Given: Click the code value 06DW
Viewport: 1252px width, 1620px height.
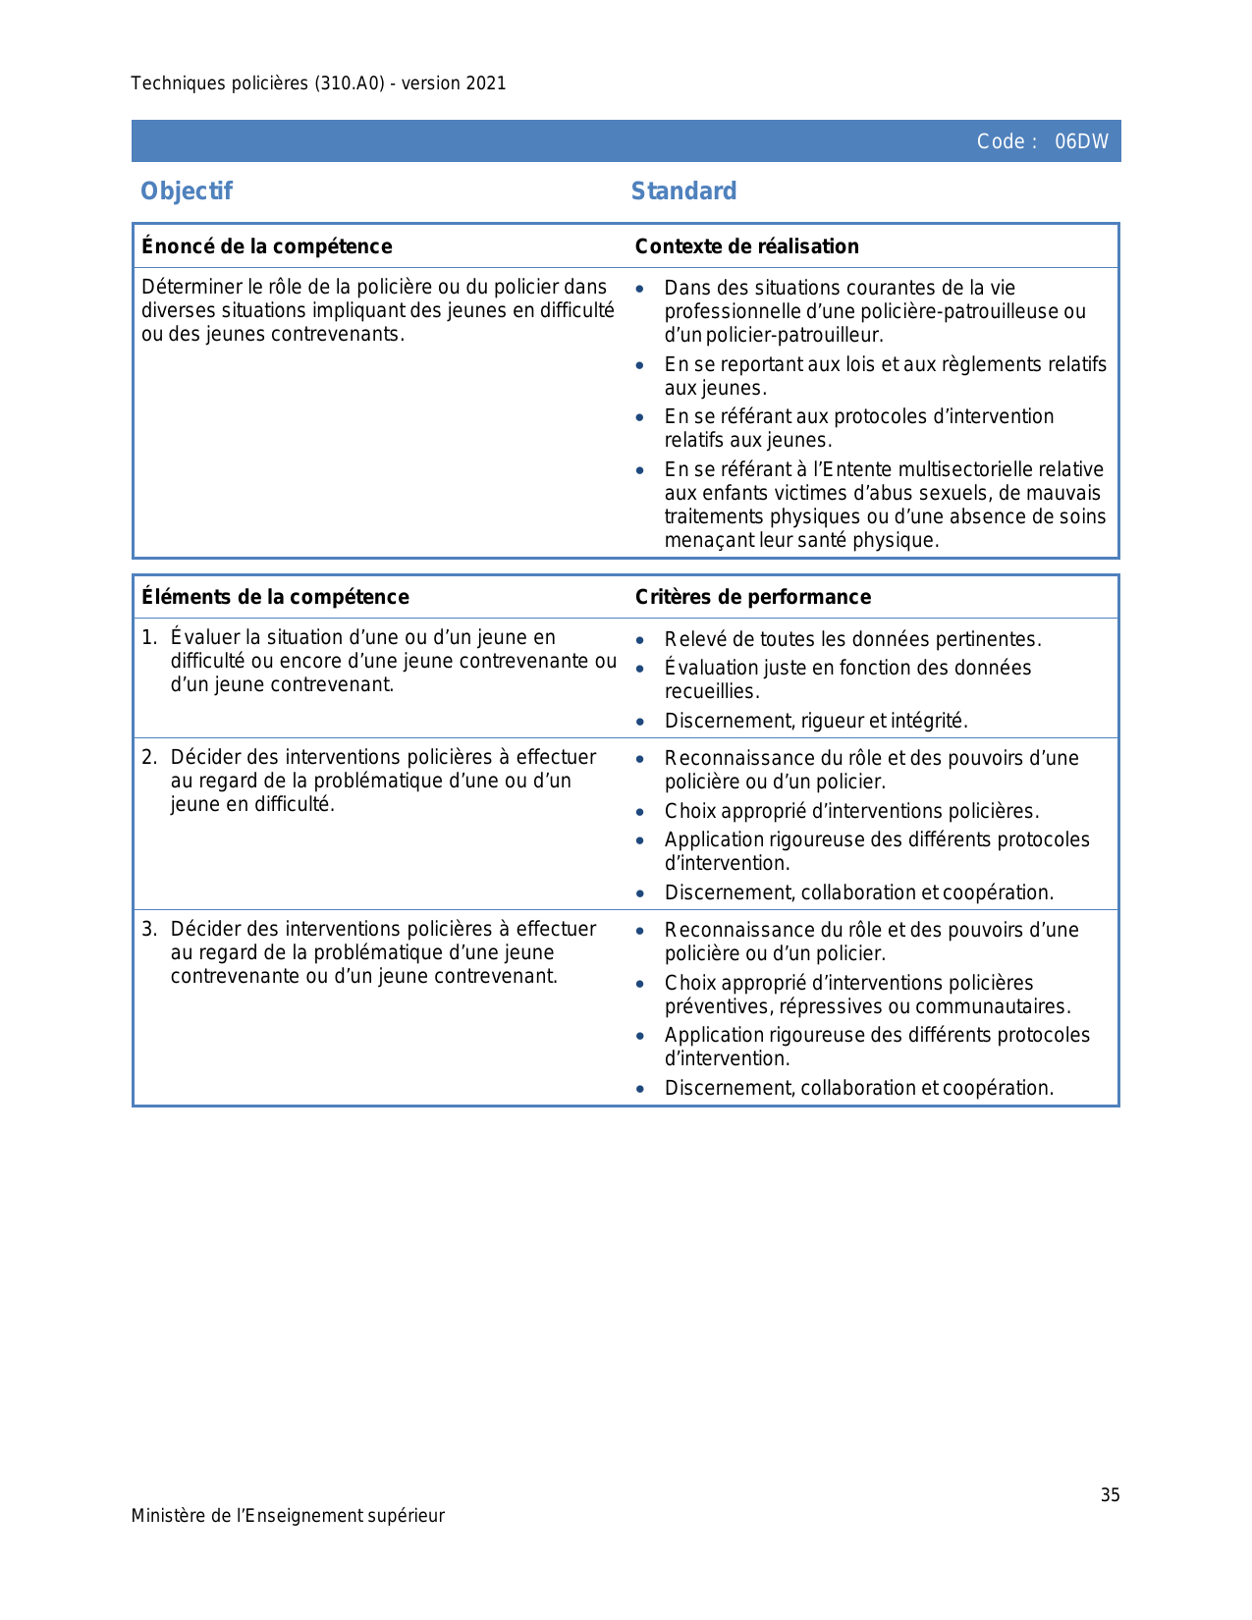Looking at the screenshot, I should pyautogui.click(x=1081, y=141).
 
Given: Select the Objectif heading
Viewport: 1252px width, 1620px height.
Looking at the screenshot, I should pyautogui.click(x=187, y=190).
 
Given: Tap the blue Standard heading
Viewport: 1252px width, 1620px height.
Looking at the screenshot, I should pyautogui.click(x=683, y=190).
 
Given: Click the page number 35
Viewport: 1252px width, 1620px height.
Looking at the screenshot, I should pyautogui.click(x=1110, y=1495).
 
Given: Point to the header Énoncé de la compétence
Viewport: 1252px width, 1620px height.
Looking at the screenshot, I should pyautogui.click(x=266, y=246).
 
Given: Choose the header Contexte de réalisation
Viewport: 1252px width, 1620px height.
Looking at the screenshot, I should pyautogui.click(x=746, y=246).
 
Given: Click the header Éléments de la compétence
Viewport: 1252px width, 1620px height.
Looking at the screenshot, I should pyautogui.click(x=275, y=597).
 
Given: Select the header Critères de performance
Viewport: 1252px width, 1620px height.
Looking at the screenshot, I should pyautogui.click(x=752, y=597).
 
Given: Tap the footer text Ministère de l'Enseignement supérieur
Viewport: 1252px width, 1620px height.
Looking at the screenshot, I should pyautogui.click(x=288, y=1516).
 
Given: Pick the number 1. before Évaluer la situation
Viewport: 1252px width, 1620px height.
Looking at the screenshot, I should pyautogui.click(x=148, y=637).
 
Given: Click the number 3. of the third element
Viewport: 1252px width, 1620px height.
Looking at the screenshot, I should pyautogui.click(x=148, y=929).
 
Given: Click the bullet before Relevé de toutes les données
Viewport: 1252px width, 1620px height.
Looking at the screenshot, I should pyautogui.click(x=640, y=640).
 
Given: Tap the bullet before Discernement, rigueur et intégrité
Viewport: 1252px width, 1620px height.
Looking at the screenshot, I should pyautogui.click(x=640, y=722).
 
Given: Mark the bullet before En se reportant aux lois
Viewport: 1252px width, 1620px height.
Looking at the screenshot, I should pyautogui.click(x=640, y=365).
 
